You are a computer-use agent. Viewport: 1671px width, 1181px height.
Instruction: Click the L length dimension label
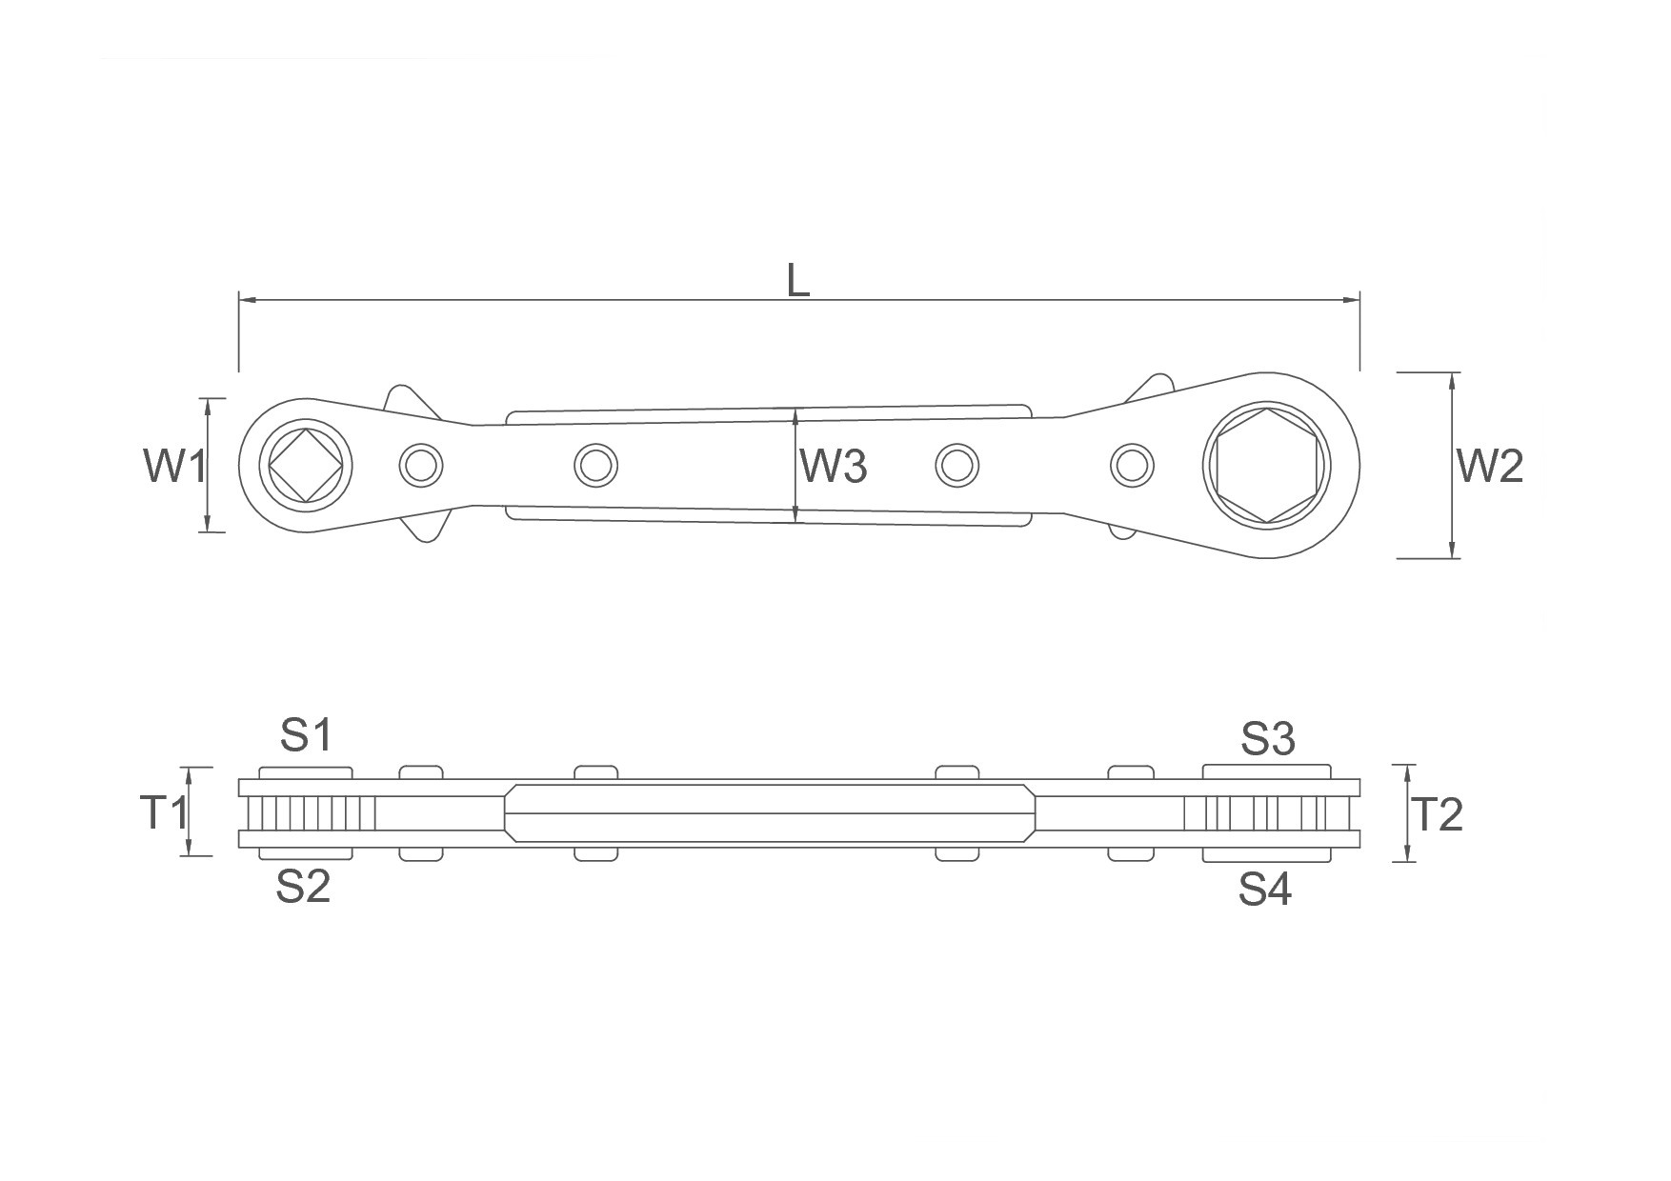798,279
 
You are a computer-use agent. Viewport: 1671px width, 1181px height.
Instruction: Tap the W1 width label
174,466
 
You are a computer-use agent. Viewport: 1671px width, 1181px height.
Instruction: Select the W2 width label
1490,466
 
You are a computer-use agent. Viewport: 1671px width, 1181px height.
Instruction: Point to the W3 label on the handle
834,466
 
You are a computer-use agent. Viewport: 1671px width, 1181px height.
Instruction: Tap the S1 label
306,735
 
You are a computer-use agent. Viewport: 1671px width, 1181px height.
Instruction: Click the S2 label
303,887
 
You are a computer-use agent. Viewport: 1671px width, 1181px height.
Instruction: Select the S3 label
1267,738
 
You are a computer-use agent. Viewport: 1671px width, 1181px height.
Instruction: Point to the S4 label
1265,890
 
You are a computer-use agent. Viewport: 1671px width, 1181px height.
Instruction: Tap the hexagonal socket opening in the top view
1266,466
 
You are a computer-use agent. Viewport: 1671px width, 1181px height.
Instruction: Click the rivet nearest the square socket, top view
420,466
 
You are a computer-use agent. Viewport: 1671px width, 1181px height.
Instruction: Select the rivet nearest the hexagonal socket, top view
1132,466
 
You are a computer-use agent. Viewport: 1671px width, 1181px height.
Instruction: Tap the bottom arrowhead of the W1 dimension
207,523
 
